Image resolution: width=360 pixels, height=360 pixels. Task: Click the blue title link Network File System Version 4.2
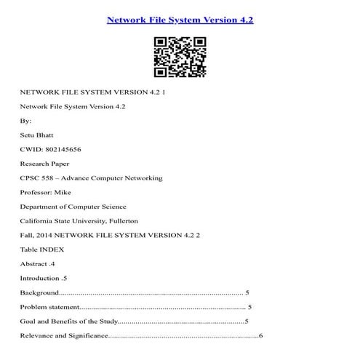[180, 20]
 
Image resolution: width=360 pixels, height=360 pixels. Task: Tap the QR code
[180, 56]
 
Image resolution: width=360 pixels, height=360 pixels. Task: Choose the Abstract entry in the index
[34, 263]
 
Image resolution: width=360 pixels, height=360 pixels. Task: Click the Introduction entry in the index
[40, 278]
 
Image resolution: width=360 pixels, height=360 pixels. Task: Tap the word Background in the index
[39, 292]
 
